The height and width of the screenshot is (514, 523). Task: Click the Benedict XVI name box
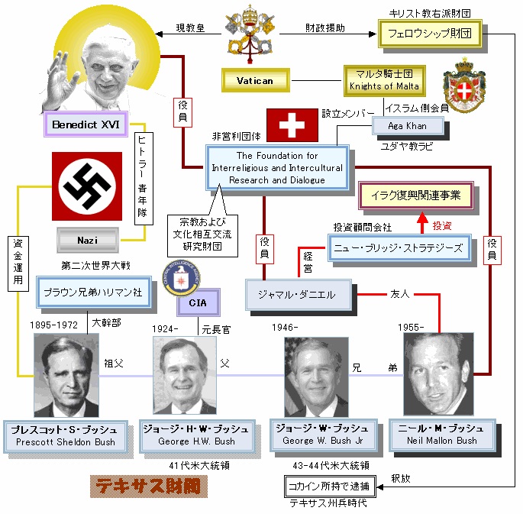click(x=86, y=124)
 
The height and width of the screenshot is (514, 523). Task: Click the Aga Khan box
click(x=397, y=125)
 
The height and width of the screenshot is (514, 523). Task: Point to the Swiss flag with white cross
click(x=292, y=125)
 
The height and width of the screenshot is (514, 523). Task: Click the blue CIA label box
click(x=197, y=304)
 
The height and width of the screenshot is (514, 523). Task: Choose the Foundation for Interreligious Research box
click(x=276, y=168)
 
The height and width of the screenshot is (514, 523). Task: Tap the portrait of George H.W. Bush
click(x=185, y=374)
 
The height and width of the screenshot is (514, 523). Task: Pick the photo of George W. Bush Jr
click(x=317, y=376)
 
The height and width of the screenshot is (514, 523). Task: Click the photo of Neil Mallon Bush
click(x=438, y=373)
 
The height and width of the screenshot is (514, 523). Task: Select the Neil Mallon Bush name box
click(x=441, y=434)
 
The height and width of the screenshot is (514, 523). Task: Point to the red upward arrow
click(x=420, y=223)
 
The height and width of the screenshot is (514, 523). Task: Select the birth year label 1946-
click(x=284, y=328)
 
